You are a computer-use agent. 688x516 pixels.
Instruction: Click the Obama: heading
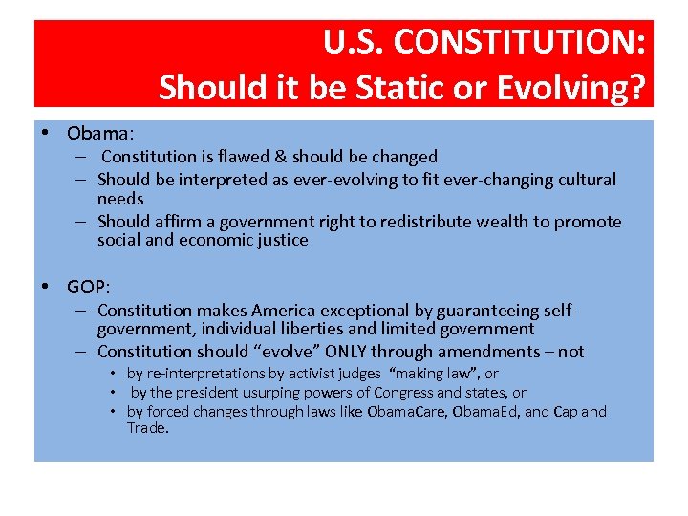pyautogui.click(x=100, y=132)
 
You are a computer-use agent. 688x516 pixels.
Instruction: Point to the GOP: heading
pyautogui.click(x=89, y=287)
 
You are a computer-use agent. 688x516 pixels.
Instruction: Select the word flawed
pyautogui.click(x=245, y=157)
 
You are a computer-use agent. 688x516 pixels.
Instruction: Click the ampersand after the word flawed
pyautogui.click(x=281, y=157)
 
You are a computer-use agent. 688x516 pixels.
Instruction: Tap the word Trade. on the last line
pyautogui.click(x=148, y=428)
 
